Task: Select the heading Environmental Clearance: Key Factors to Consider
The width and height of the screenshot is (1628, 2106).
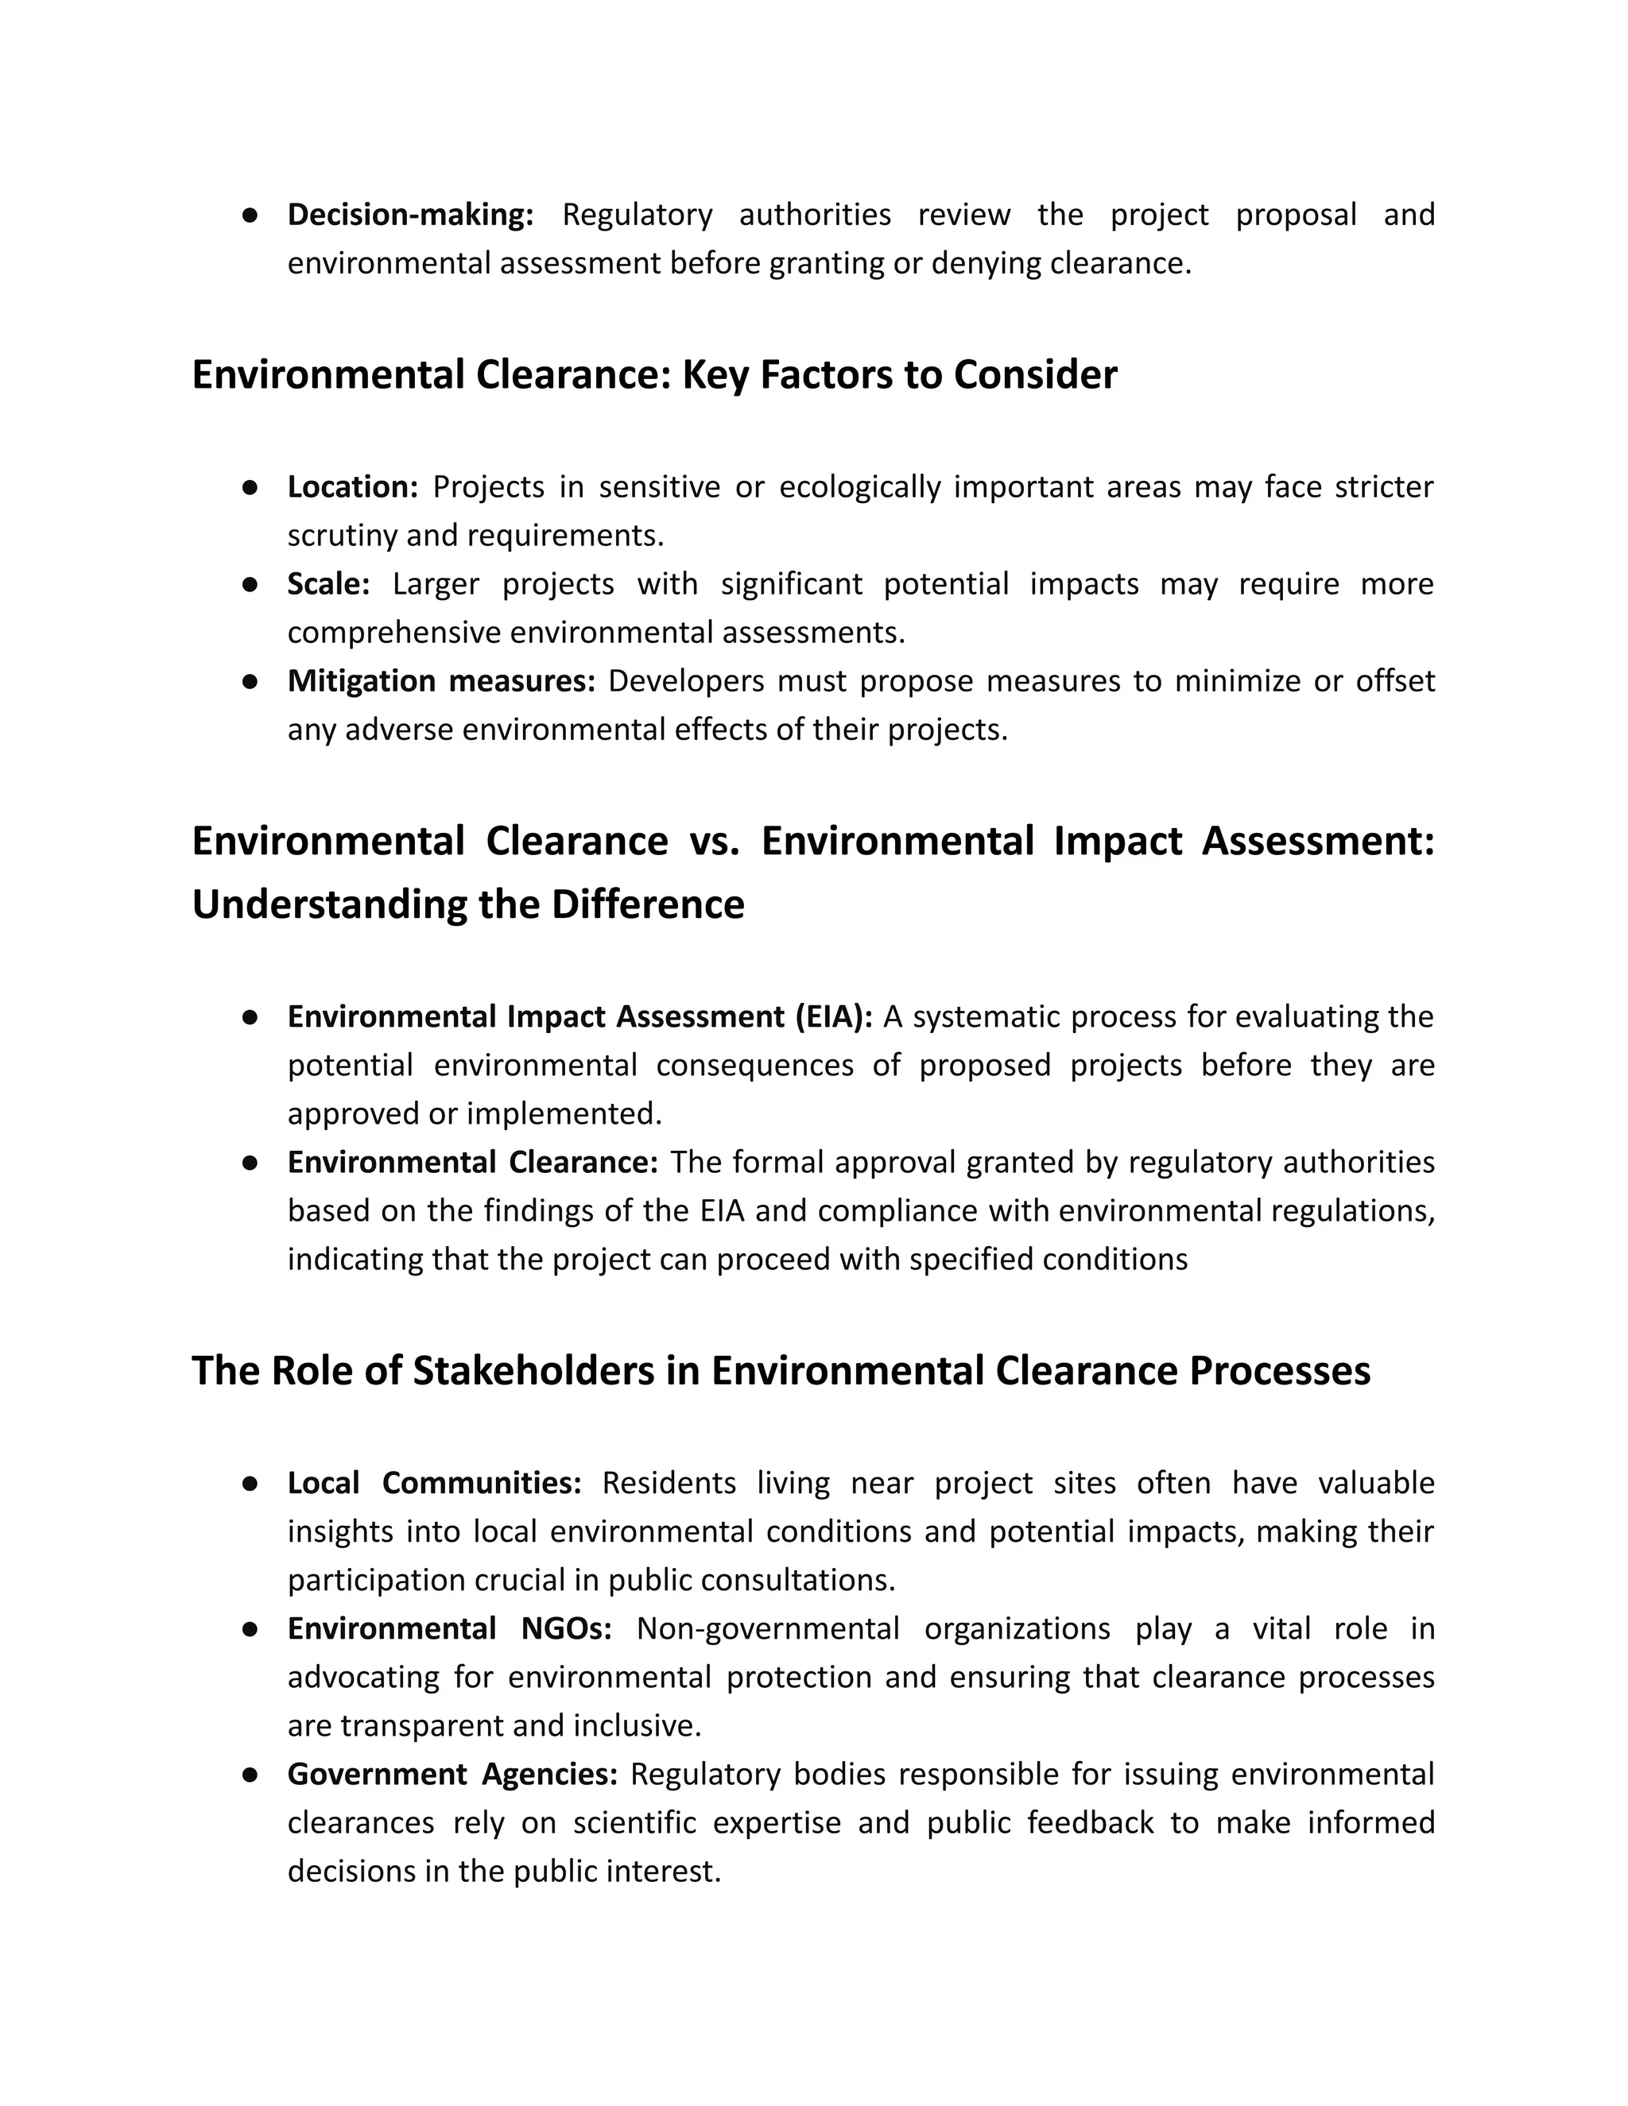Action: tap(654, 374)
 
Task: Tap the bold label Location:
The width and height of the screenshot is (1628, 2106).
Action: tap(352, 487)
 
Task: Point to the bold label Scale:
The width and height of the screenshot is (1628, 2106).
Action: tap(328, 584)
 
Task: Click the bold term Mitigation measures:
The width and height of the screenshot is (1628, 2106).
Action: tap(440, 681)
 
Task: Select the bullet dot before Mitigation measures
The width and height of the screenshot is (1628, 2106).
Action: tap(250, 681)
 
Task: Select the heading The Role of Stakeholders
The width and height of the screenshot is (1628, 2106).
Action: tap(781, 1370)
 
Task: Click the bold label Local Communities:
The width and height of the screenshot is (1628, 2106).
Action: tap(434, 1483)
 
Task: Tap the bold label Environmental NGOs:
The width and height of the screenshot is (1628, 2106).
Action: tap(449, 1628)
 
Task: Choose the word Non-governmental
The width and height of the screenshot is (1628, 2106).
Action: tap(768, 1628)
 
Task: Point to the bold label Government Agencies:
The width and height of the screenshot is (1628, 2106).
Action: tap(452, 1775)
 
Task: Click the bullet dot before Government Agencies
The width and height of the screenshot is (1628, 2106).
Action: tap(250, 1775)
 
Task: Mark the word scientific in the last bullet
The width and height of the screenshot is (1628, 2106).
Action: tap(634, 1822)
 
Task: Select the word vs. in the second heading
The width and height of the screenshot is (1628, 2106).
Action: tap(714, 841)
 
